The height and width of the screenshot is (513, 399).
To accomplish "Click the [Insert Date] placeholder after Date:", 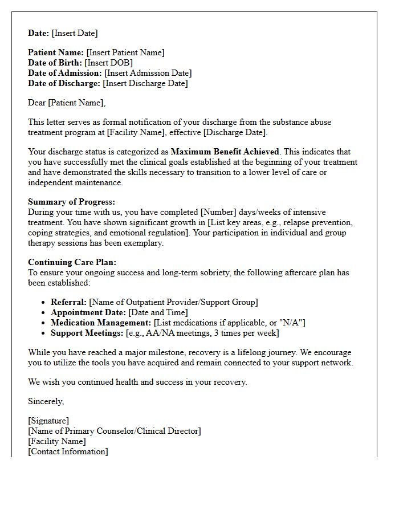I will [x=75, y=33].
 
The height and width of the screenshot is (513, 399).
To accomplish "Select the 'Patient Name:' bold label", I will [x=56, y=52].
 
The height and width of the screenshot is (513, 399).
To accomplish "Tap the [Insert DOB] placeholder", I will [x=108, y=63].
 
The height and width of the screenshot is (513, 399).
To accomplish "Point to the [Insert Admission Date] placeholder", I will [x=148, y=73].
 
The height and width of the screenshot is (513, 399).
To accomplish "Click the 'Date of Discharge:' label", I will [x=64, y=83].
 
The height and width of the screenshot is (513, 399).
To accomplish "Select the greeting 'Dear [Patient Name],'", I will [x=67, y=103].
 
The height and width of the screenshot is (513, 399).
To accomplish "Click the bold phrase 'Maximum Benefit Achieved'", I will [x=225, y=152].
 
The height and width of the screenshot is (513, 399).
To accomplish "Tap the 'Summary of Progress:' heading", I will [x=71, y=202].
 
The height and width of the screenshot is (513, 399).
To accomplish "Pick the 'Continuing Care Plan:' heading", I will [x=72, y=262].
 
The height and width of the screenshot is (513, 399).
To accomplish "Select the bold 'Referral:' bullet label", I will [x=68, y=302].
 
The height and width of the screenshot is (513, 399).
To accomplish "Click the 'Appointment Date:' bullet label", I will [x=88, y=312].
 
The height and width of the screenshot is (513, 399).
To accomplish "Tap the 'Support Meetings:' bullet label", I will [x=87, y=333].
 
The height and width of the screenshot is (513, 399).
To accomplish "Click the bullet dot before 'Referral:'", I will [x=44, y=303].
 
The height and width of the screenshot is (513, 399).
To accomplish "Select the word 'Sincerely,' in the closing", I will [x=46, y=401].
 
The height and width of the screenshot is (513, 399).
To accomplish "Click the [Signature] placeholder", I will [x=48, y=421].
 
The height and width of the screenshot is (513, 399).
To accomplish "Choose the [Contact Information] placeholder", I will [x=68, y=451].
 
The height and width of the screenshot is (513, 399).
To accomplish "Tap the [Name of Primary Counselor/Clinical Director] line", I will [x=115, y=431].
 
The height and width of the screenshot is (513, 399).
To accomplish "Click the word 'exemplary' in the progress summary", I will [x=144, y=243].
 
